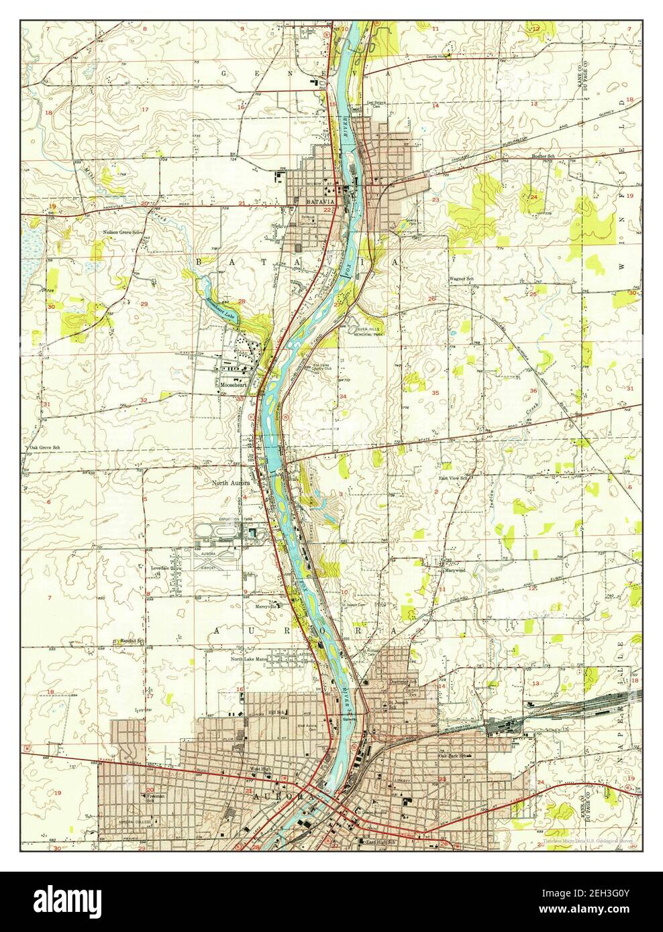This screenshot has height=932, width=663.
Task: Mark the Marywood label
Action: click(455, 571)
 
